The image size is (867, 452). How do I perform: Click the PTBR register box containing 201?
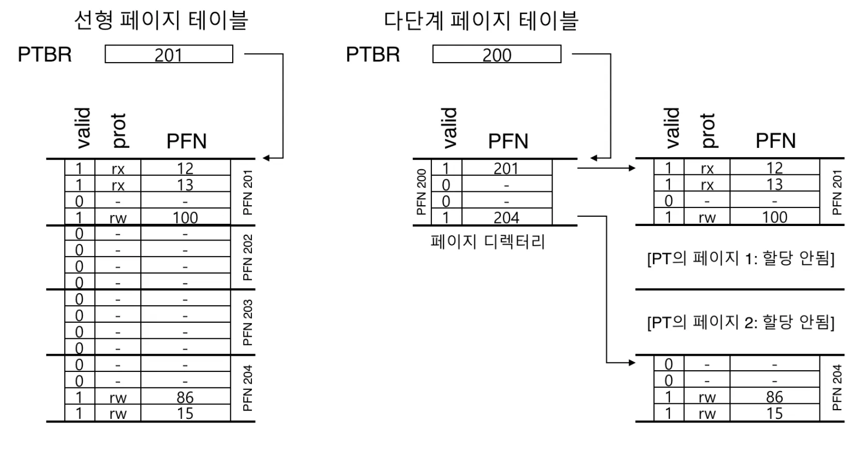point(169,54)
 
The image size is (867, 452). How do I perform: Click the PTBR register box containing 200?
point(497,54)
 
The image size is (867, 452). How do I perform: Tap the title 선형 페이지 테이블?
point(161,21)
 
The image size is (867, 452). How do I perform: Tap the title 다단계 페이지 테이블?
point(481,21)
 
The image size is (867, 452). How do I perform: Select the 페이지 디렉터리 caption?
point(488,242)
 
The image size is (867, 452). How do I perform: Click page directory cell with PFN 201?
point(506,168)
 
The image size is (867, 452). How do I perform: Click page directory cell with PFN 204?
point(506,217)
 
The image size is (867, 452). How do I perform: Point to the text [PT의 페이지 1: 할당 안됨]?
point(740,258)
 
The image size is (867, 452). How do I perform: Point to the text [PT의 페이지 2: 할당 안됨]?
point(740,322)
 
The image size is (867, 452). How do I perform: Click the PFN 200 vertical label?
point(422,192)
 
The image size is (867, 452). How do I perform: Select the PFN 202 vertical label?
point(248,258)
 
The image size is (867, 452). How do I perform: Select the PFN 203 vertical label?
point(248,322)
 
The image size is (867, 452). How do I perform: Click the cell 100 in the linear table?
point(185,217)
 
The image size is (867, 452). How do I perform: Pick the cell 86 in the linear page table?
point(185,397)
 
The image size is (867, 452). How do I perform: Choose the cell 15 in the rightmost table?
point(774,413)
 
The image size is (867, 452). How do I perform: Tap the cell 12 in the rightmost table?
point(774,168)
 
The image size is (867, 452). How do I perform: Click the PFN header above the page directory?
point(508,141)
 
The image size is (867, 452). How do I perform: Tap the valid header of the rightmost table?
point(672,128)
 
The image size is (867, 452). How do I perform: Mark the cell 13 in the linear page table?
point(185,185)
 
